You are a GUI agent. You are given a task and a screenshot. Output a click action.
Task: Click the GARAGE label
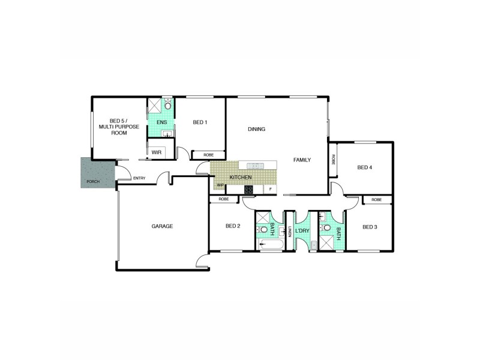(162, 226)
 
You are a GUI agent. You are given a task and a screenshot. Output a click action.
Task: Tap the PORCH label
(93, 181)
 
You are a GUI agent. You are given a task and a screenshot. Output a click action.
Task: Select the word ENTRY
(139, 178)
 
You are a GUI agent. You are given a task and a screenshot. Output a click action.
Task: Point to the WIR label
(157, 152)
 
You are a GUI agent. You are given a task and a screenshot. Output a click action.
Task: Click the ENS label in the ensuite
(161, 122)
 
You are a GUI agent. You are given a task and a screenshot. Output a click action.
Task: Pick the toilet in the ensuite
(168, 106)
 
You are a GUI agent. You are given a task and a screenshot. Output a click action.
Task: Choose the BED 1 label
(200, 122)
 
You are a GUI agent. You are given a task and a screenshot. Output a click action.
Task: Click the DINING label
(256, 129)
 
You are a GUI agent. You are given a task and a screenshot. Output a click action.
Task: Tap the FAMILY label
(302, 160)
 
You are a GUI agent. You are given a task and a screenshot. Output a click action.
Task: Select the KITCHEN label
(240, 178)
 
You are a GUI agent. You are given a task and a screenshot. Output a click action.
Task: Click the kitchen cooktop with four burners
(248, 190)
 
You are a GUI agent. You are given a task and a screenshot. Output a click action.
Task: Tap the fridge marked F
(271, 190)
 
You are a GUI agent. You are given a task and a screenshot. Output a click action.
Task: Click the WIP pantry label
(220, 185)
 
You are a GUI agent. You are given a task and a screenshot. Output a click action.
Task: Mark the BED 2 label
(233, 226)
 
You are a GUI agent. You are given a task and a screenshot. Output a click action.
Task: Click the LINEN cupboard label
(290, 231)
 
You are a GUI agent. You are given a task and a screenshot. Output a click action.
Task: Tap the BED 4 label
(365, 167)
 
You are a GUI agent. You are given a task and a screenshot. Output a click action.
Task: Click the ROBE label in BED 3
(376, 200)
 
